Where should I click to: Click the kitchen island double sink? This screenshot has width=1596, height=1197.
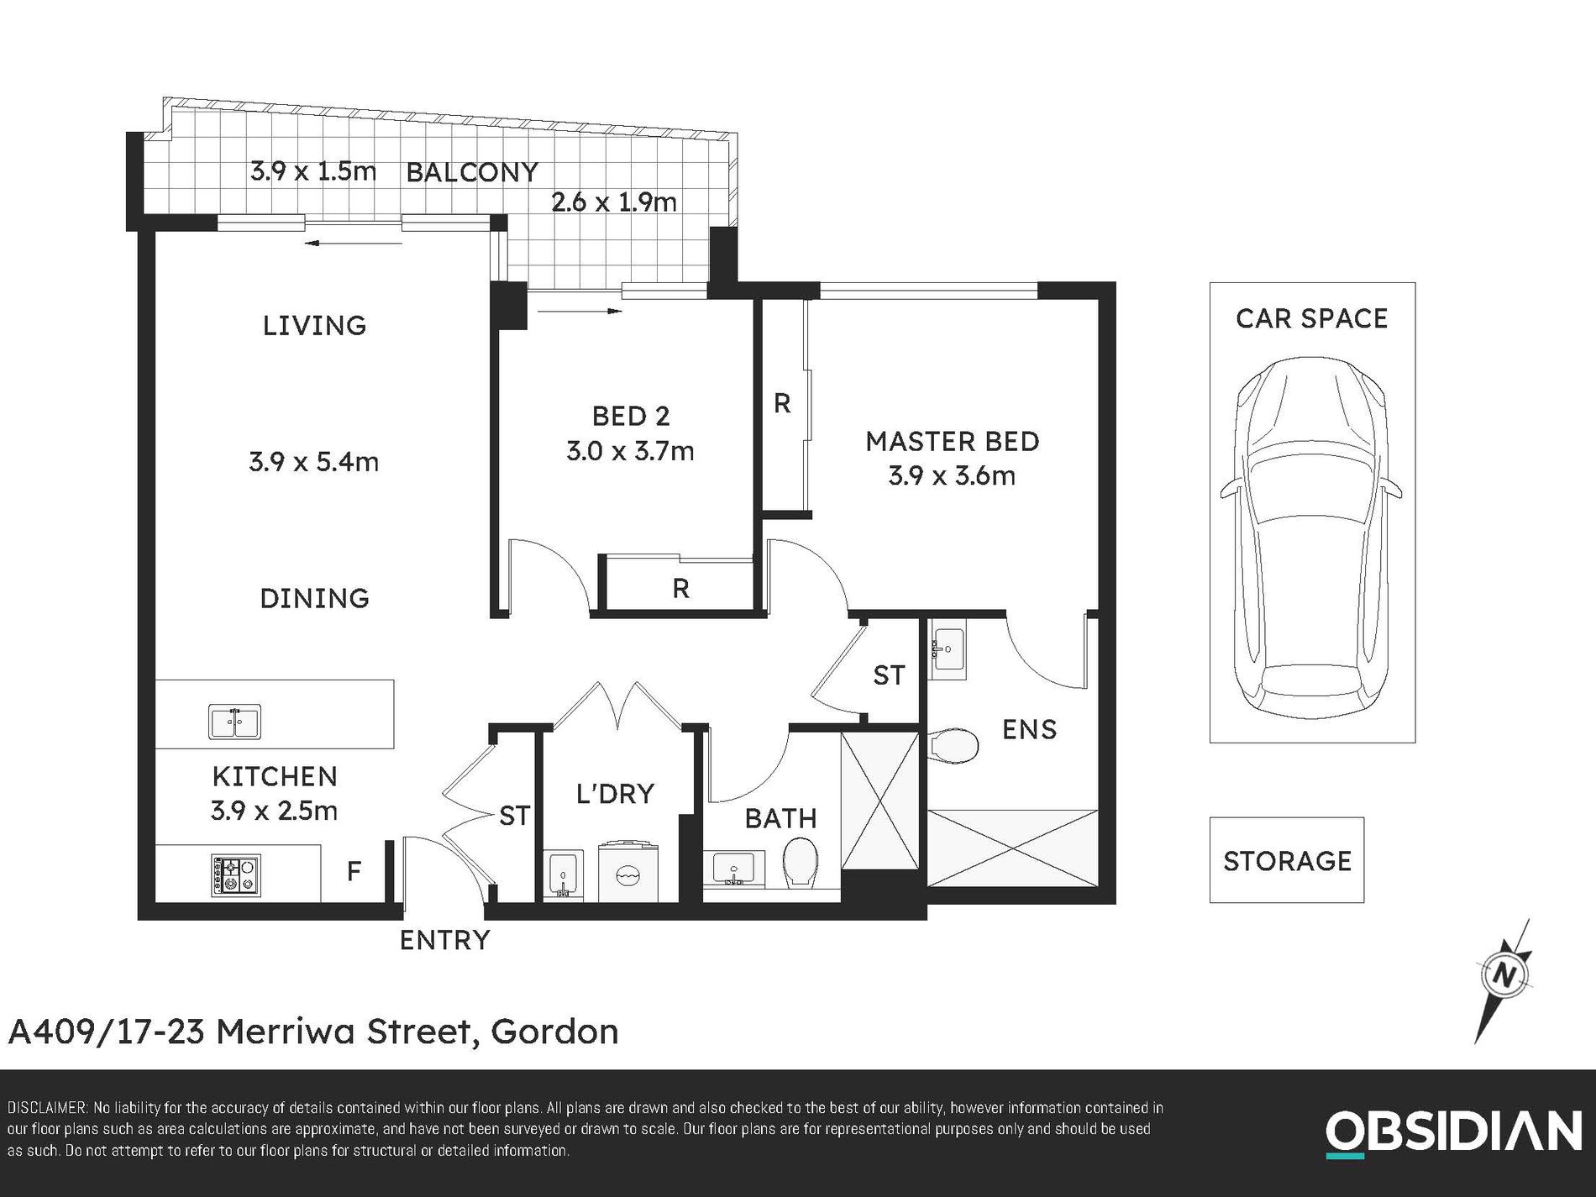234,722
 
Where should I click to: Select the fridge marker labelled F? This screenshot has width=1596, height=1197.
354,871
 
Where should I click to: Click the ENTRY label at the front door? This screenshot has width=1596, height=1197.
444,940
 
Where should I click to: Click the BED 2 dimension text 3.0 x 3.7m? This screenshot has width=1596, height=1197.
630,452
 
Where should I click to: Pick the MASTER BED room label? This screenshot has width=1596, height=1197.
952,442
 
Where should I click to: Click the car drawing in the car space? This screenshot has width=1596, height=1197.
1310,538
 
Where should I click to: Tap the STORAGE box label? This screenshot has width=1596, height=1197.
1286,861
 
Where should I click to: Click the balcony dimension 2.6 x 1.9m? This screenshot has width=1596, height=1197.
613,202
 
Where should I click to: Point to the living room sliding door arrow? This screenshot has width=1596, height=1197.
353,244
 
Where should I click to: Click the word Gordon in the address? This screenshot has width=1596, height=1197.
554,1032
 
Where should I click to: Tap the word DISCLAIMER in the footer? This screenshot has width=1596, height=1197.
46,1108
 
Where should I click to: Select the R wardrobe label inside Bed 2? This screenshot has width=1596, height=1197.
680,589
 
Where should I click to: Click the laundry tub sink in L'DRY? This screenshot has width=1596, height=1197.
563,875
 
